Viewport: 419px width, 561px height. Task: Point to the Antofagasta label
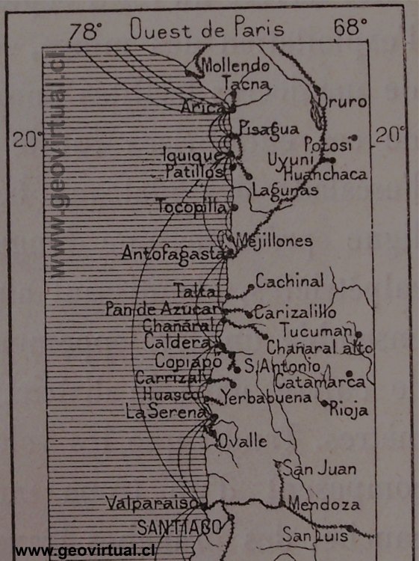pyautogui.click(x=174, y=254)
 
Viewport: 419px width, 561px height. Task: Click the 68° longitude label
pyautogui.click(x=350, y=29)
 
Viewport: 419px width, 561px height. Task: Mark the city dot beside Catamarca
pyautogui.click(x=349, y=373)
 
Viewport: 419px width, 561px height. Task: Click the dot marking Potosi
pyautogui.click(x=355, y=138)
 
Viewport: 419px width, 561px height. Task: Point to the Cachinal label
pyautogui.click(x=290, y=282)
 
